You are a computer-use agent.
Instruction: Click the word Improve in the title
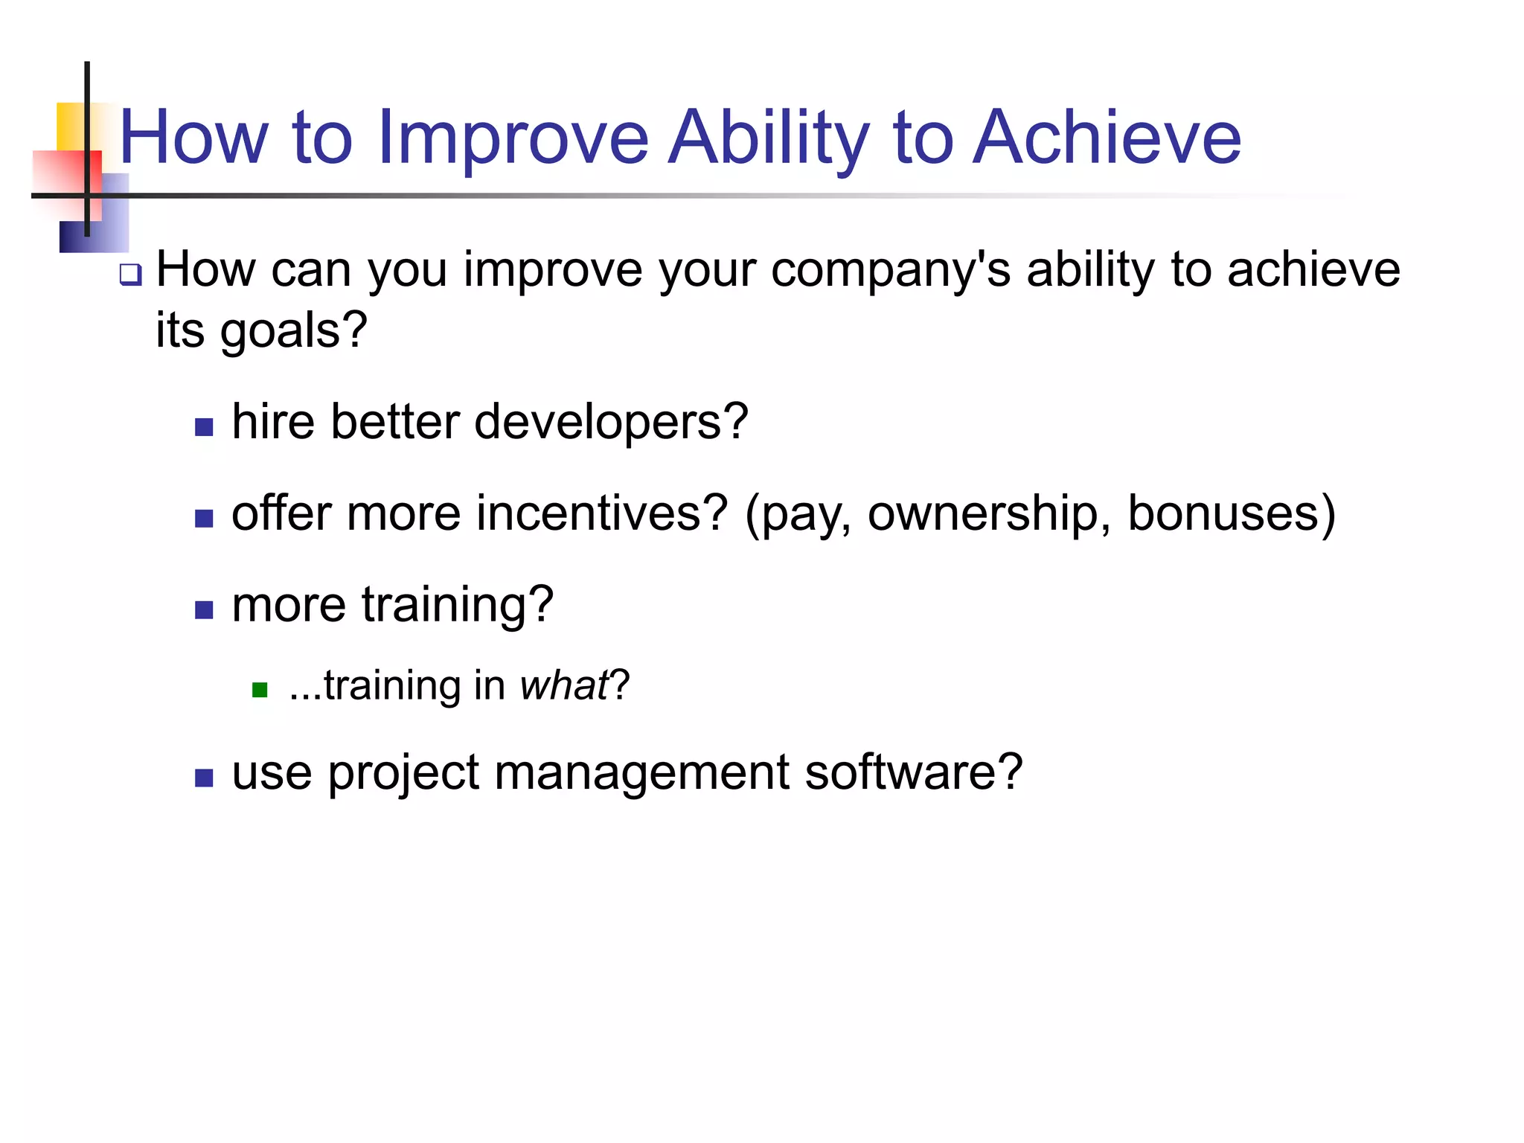coord(513,138)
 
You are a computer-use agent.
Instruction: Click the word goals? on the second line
coord(293,330)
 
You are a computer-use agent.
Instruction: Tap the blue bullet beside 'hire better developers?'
coord(204,427)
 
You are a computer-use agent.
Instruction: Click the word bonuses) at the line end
coord(1232,513)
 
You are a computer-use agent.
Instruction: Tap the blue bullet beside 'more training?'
coord(204,610)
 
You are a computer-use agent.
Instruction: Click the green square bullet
coord(260,690)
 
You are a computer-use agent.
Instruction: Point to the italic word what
coord(564,685)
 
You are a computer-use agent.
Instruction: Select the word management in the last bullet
coord(641,772)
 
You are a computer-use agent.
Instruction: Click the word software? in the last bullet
coord(913,772)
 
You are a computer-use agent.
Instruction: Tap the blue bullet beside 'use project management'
coord(204,778)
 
